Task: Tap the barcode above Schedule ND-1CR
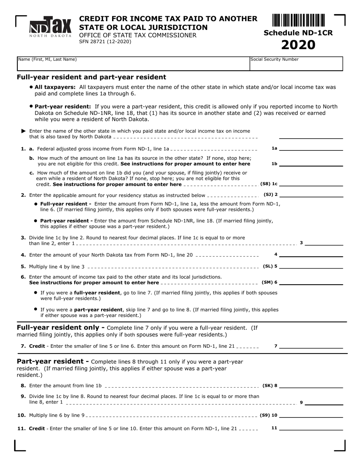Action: tap(298, 20)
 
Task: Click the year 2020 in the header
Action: tap(298, 45)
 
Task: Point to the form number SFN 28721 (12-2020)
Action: tap(105, 42)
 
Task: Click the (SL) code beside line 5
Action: tap(268, 266)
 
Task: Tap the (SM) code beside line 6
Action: tap(267, 282)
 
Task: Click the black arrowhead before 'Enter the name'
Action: tap(24, 131)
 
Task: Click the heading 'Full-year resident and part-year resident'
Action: tap(91, 77)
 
